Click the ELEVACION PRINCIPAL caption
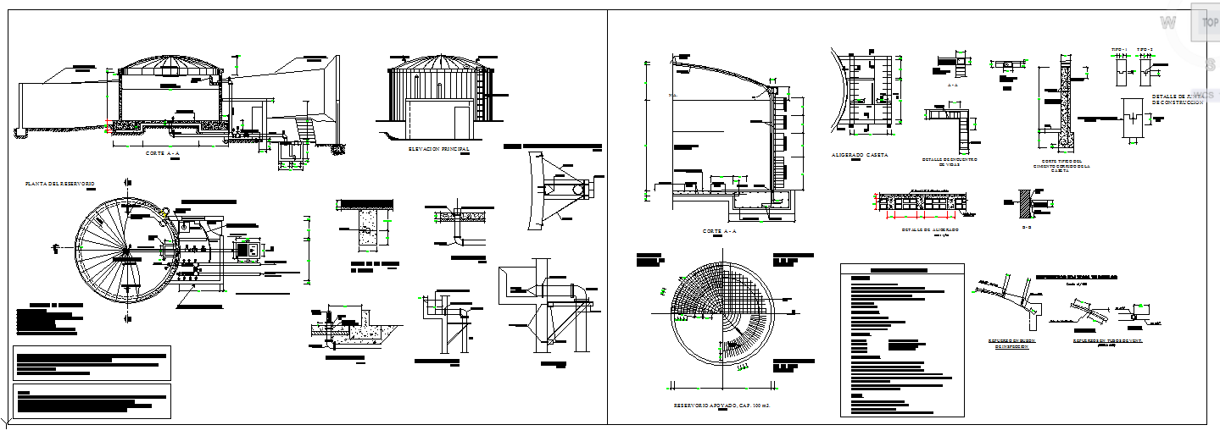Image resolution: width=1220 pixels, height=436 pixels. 438,149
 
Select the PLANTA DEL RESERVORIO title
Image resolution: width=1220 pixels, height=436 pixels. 60,184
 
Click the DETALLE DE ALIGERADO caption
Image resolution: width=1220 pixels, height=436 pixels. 929,230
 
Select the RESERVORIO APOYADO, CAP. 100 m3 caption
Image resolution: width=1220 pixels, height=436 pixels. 720,406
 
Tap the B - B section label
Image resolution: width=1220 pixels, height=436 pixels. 1027,227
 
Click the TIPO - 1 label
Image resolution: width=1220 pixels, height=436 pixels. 1120,49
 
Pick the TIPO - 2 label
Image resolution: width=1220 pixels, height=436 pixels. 1145,49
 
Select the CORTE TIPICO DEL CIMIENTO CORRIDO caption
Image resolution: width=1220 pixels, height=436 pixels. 1061,166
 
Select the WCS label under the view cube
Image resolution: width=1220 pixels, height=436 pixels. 1204,94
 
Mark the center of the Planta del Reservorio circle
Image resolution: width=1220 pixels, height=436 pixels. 127,250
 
